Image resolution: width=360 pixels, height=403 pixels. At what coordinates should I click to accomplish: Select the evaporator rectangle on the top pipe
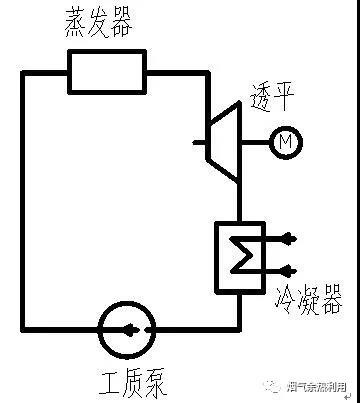click(x=107, y=72)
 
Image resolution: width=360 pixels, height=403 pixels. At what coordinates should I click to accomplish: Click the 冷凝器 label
click(x=305, y=297)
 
